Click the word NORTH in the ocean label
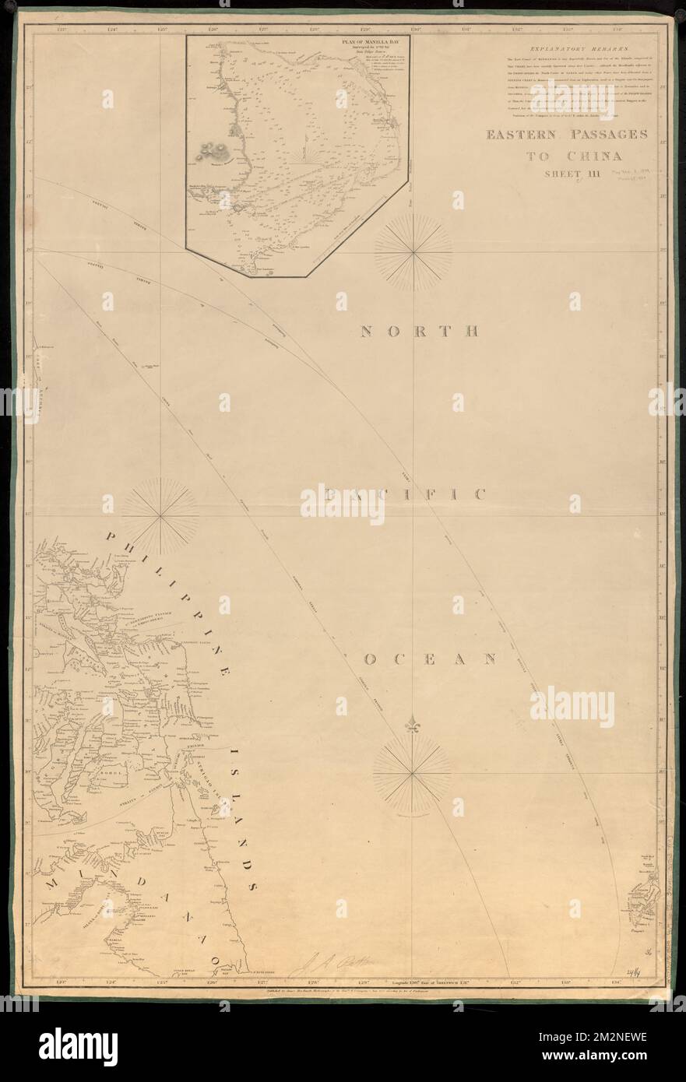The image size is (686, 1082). click(x=417, y=331)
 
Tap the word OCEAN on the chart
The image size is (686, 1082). click(x=430, y=659)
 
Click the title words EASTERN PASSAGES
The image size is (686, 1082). click(x=567, y=135)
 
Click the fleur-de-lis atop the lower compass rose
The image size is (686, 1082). click(x=412, y=727)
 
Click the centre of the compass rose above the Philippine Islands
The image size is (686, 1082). click(x=160, y=515)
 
